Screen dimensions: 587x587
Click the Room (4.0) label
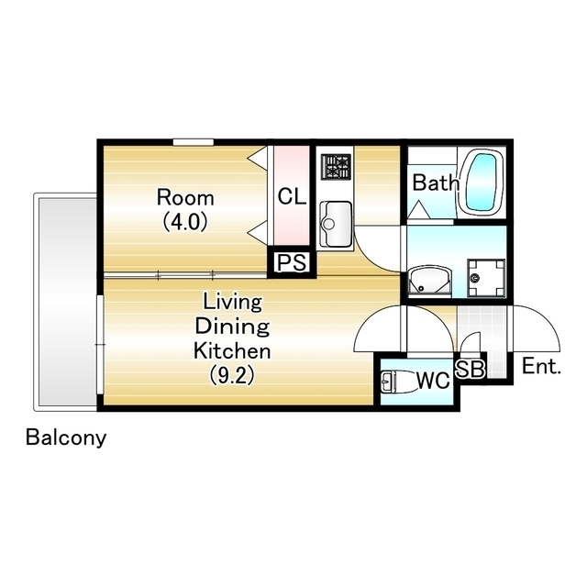click(185, 210)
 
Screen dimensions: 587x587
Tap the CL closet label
click(292, 196)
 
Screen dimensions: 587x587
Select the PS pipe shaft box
click(292, 262)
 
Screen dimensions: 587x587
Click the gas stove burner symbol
click(336, 166)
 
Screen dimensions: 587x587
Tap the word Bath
click(436, 183)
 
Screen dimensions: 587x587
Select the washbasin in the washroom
click(429, 280)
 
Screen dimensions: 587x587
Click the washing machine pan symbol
click(486, 277)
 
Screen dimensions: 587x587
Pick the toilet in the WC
click(398, 382)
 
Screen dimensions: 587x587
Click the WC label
click(433, 381)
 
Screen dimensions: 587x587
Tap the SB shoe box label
click(470, 369)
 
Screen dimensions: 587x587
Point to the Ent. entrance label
click(541, 367)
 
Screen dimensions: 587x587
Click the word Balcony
click(66, 437)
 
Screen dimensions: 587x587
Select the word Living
click(232, 303)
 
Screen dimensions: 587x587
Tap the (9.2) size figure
click(232, 375)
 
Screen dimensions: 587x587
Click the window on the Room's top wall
click(194, 142)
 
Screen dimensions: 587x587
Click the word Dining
click(232, 327)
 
